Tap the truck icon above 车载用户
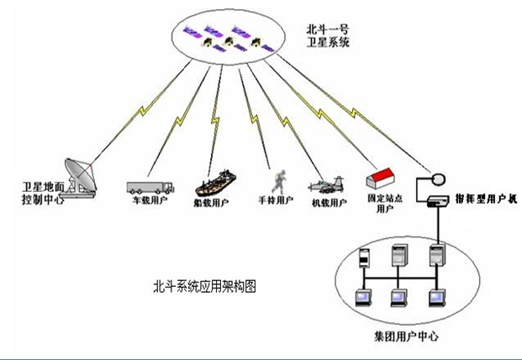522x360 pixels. [150, 186]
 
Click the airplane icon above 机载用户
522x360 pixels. [328, 183]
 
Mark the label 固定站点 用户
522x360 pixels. [383, 203]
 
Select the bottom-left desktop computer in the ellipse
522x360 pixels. [363, 298]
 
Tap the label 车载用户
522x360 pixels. [149, 203]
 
